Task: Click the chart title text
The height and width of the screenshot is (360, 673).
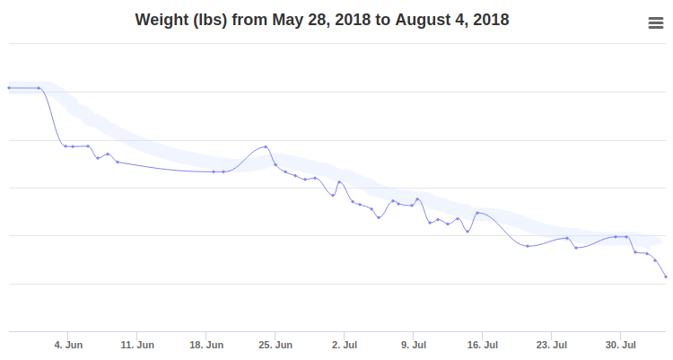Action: point(322,19)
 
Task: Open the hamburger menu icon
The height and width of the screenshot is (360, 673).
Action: point(655,24)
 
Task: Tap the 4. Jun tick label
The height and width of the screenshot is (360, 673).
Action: point(69,345)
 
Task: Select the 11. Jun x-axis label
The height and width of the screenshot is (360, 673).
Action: point(138,345)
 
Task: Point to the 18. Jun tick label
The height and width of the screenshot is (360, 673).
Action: point(207,345)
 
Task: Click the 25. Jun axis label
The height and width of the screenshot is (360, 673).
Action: point(276,345)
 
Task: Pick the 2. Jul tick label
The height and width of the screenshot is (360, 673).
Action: point(345,345)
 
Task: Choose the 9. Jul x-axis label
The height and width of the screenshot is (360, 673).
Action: point(414,345)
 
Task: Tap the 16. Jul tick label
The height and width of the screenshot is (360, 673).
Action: point(483,345)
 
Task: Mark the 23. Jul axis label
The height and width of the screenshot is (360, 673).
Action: point(552,345)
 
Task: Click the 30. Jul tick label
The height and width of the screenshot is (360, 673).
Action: point(621,345)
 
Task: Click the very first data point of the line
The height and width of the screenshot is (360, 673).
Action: point(9,88)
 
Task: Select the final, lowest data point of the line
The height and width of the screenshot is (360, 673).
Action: point(666,277)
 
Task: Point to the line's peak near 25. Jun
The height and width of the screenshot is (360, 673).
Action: point(266,146)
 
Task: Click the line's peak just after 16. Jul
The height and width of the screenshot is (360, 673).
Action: point(477,213)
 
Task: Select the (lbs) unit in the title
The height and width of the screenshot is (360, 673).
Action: point(211,19)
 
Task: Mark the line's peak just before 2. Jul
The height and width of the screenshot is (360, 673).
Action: point(338,181)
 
